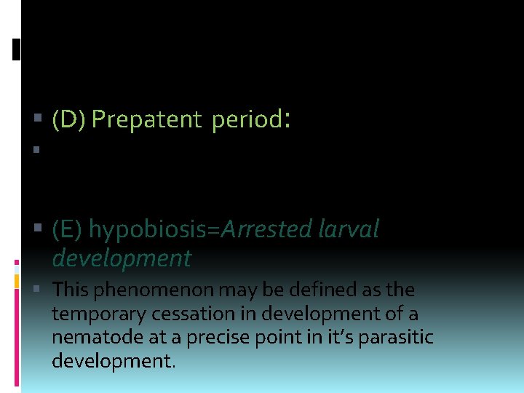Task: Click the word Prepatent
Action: (146, 120)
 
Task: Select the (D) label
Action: (69, 120)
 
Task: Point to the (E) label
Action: (68, 229)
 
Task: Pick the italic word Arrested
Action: (267, 229)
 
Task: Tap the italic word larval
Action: (349, 229)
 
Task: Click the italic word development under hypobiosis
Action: (122, 258)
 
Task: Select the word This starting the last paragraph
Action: (70, 290)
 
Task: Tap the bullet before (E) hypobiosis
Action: (37, 230)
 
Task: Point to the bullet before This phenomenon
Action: (37, 290)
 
